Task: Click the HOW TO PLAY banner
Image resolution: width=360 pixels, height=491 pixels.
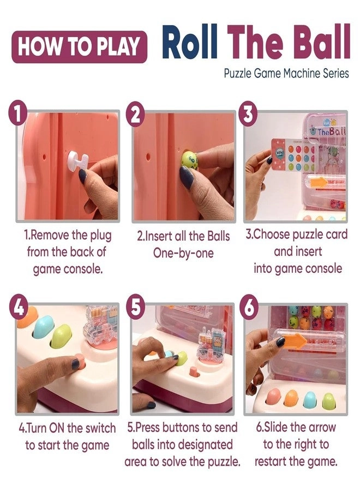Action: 79,46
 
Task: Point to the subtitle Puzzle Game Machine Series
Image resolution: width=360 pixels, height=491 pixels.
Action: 286,73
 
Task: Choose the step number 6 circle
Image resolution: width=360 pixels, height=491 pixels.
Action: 249,308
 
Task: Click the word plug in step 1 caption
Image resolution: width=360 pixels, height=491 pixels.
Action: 98,236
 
